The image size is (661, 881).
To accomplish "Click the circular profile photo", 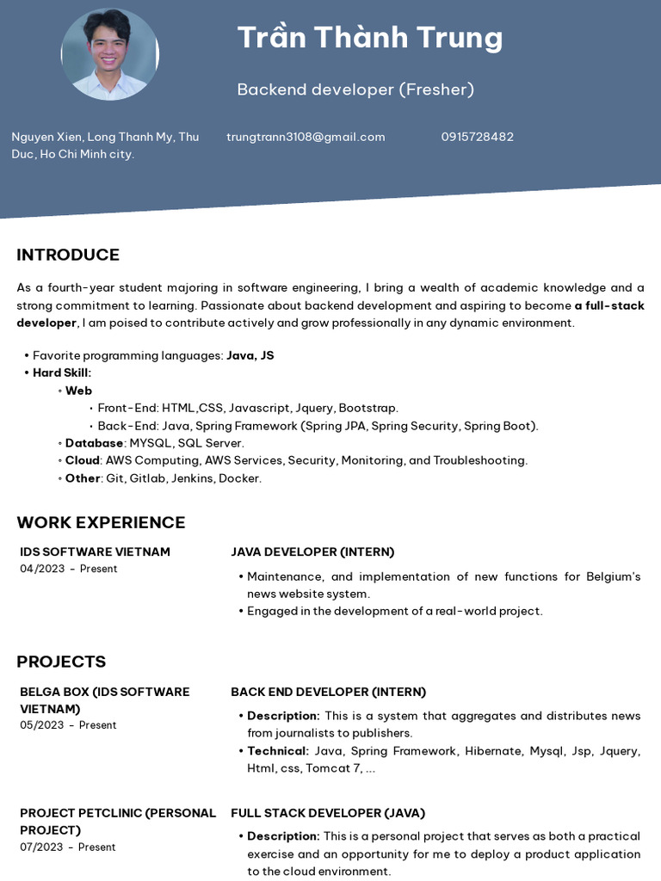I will [109, 54].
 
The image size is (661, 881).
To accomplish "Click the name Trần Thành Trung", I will [369, 38].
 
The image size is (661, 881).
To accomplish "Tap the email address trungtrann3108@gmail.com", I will [306, 137].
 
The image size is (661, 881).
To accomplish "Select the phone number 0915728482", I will [477, 137].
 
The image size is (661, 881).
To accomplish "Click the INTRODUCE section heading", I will [68, 255].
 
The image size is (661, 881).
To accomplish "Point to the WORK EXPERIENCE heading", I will [101, 522].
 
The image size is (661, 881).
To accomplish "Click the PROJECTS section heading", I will [61, 662].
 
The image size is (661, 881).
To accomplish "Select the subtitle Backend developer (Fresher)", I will [355, 89].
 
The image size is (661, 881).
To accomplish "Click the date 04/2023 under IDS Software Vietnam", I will [42, 569].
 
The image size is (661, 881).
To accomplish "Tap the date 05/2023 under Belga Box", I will [42, 725].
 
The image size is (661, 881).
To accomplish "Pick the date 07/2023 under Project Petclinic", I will [42, 847].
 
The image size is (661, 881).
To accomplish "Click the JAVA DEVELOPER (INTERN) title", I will [312, 551].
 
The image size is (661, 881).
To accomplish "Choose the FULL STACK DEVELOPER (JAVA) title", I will [328, 813].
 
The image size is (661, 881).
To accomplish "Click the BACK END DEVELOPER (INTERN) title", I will [328, 692].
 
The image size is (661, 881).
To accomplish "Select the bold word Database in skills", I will [94, 443].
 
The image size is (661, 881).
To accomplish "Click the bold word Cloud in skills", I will [83, 460].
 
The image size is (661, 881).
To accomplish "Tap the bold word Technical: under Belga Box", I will [277, 751].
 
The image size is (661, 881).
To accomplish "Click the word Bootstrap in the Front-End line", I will [368, 408].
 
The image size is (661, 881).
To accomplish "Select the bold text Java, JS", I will [250, 355].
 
